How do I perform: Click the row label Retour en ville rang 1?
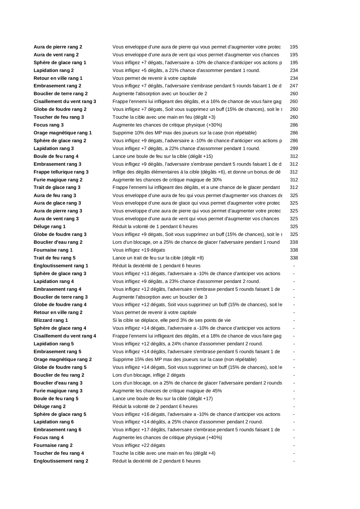(58, 78)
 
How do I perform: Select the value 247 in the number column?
(294, 86)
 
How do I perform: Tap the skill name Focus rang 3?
(48, 125)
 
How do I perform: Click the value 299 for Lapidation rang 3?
(294, 148)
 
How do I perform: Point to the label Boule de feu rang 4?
(56, 156)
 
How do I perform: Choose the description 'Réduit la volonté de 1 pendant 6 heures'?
(155, 226)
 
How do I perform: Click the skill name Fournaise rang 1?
(53, 250)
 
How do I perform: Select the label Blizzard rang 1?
(51, 320)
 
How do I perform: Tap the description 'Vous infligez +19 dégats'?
(139, 250)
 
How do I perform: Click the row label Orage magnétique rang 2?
(63, 359)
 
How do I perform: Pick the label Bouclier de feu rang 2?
(59, 375)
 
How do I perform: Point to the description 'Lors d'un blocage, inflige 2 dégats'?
(149, 375)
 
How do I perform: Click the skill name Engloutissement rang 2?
(61, 461)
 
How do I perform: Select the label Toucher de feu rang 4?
(59, 453)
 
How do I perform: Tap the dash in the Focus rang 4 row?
(294, 437)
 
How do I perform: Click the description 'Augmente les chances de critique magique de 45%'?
(167, 391)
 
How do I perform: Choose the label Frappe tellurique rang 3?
(61, 172)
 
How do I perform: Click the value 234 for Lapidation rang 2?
(294, 70)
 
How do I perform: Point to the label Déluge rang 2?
(50, 406)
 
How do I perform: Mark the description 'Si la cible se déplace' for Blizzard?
(171, 320)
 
